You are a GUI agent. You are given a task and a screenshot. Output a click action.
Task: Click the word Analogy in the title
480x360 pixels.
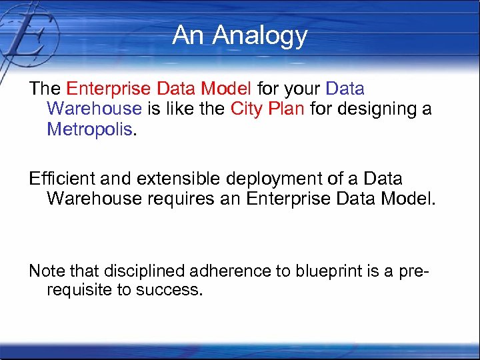pos(261,36)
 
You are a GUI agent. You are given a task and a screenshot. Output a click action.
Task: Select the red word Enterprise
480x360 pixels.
pos(109,89)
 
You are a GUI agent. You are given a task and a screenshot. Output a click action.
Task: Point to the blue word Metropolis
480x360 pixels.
pos(89,128)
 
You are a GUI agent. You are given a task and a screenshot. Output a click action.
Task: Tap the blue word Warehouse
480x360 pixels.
pos(94,109)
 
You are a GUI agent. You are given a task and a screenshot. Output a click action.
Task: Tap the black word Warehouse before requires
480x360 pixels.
pos(94,199)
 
